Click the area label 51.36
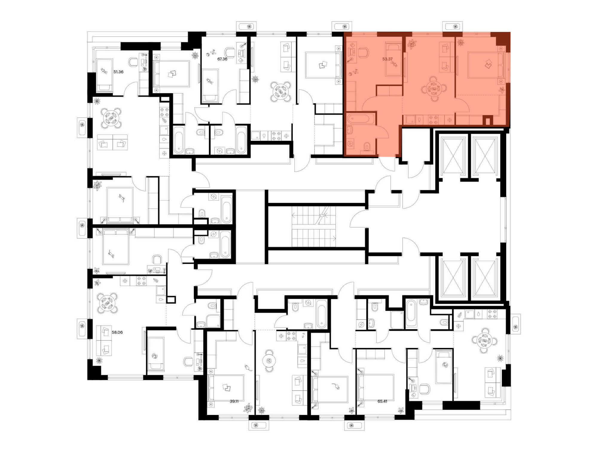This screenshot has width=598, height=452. pos(118,72)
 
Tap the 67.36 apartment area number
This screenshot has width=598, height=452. pos(222,59)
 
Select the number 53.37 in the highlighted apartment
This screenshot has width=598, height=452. pos(388,59)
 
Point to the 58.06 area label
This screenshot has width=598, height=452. pos(117,332)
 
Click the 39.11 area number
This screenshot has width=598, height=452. pos(234,401)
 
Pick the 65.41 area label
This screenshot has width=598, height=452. pos(382,401)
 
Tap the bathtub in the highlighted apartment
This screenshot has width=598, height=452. pos(361,119)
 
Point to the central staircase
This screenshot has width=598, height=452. pos(314,226)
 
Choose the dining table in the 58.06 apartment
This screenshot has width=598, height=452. pos(107,303)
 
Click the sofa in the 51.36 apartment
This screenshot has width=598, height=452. pos(113,142)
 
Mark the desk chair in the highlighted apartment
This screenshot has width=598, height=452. pos(363,52)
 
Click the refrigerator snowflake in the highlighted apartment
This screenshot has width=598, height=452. pos(449,120)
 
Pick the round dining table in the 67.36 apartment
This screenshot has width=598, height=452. pos(281,91)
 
